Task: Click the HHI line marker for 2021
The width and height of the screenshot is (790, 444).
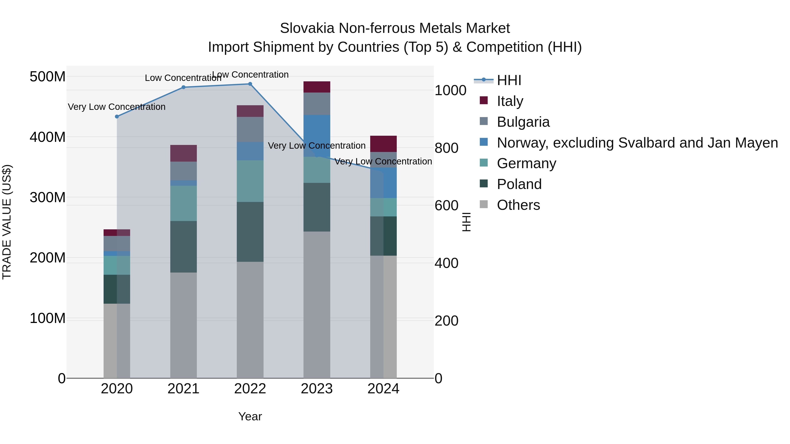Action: coord(183,87)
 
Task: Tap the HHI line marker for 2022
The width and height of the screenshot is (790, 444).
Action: coord(250,84)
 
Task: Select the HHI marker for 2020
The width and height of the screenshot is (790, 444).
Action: coord(117,116)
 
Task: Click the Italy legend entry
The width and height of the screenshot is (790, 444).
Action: coord(510,101)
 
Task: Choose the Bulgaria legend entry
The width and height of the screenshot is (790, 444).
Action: coord(523,122)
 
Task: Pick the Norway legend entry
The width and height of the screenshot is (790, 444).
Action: coord(637,143)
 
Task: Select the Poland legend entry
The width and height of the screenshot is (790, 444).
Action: coord(519,184)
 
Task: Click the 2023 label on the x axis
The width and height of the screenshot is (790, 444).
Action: coord(316,389)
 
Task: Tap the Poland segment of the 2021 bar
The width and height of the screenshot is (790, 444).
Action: coord(183,247)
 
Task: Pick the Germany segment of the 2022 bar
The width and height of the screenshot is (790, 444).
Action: coord(250,181)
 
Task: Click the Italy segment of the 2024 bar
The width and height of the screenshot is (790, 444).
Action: coord(383,144)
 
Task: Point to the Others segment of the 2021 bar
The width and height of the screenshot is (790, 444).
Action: coord(183,325)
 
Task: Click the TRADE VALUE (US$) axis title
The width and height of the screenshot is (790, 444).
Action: coord(7,222)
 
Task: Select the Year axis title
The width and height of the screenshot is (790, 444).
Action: coord(250,416)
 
